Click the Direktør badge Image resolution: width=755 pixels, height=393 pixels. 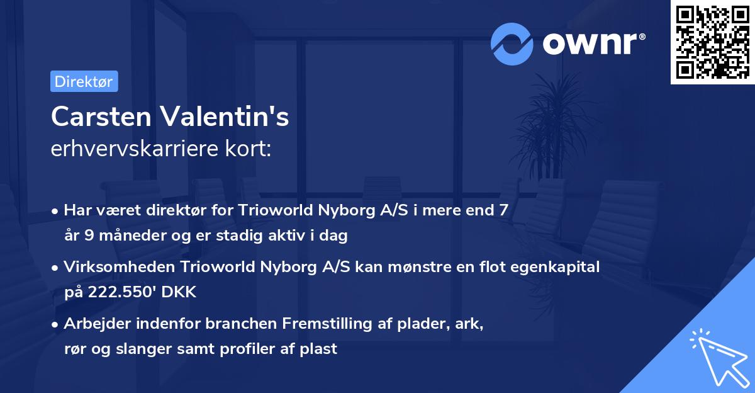coord(84,81)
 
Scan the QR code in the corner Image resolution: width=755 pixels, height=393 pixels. coord(712,42)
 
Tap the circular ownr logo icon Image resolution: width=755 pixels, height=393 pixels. coord(512,44)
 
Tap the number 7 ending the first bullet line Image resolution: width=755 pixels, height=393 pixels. coord(503,210)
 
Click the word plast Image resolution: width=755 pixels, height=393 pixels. coord(320,348)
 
